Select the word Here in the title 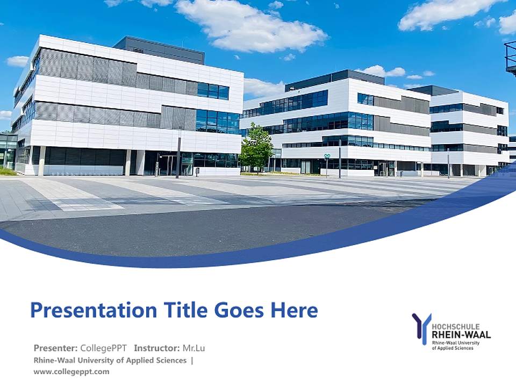[293, 310]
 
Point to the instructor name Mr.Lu [193, 348]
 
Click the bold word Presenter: [56, 348]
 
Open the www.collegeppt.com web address [71, 371]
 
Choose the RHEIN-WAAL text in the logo [461, 334]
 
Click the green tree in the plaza [256, 147]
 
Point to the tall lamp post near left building [179, 153]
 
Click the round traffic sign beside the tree [326, 157]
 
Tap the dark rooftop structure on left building [159, 48]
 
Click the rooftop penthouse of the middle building [334, 78]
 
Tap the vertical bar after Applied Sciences [192, 360]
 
